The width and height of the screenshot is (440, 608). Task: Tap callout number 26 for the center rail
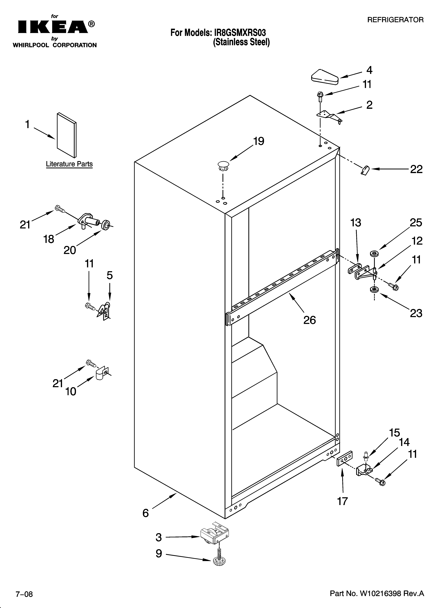tap(309, 320)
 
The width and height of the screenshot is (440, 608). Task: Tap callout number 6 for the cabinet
tap(145, 513)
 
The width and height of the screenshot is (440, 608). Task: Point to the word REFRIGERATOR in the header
tap(395, 20)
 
